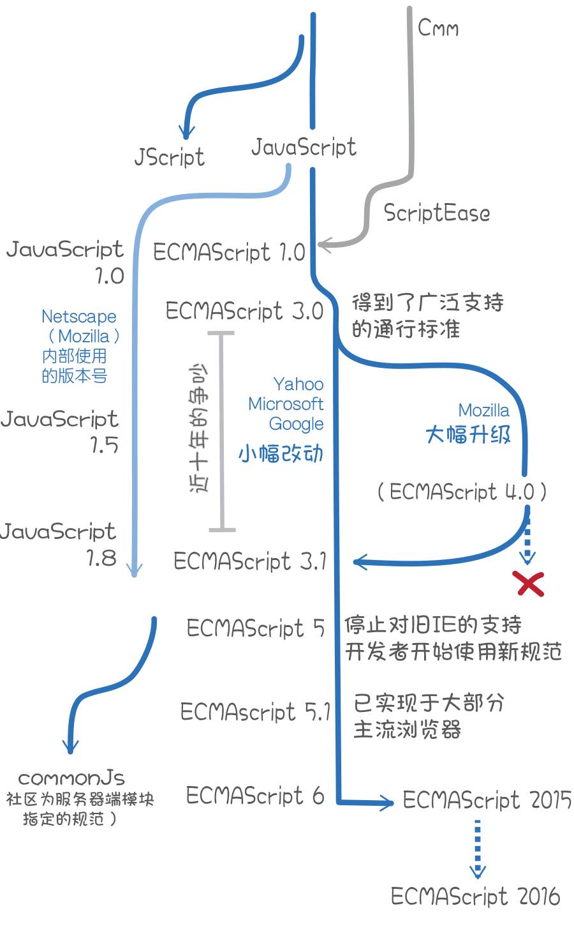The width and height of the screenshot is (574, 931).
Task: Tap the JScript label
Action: pos(169,157)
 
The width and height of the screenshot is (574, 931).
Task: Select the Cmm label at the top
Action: pos(438,28)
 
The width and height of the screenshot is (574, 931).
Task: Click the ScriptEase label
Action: pos(437,213)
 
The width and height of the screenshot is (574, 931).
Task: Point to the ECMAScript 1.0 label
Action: pos(229,252)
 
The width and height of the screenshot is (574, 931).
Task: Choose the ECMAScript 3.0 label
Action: pos(244,311)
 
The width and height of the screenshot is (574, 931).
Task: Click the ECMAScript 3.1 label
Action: pos(249,561)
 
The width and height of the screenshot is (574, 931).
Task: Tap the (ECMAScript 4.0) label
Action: pos(462,492)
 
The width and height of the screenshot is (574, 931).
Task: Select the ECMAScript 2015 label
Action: pos(487,800)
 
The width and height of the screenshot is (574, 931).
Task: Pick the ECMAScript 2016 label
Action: pos(475,896)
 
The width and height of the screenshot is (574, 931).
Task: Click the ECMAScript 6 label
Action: pos(254,796)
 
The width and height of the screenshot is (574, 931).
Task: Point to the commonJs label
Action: pos(71,778)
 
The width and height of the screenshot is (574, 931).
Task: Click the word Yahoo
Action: pos(298,384)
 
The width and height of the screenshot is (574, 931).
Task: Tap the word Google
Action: pos(296,423)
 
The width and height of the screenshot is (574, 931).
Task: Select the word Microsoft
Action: pos(286,404)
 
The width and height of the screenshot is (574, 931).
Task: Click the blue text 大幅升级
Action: pos(468,435)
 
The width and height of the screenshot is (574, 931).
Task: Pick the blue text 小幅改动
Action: pos(281,453)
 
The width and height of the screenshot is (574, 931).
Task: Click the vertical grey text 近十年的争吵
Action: pos(199,428)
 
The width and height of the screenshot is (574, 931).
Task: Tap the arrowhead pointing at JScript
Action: pos(186,133)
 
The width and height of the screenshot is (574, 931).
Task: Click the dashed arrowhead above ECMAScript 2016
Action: pos(477,871)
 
